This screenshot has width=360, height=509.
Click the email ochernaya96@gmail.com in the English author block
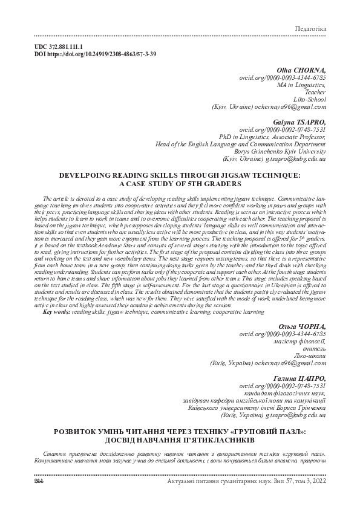(292, 107)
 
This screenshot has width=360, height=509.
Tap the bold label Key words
(56, 312)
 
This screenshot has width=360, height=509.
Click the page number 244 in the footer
(24, 481)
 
